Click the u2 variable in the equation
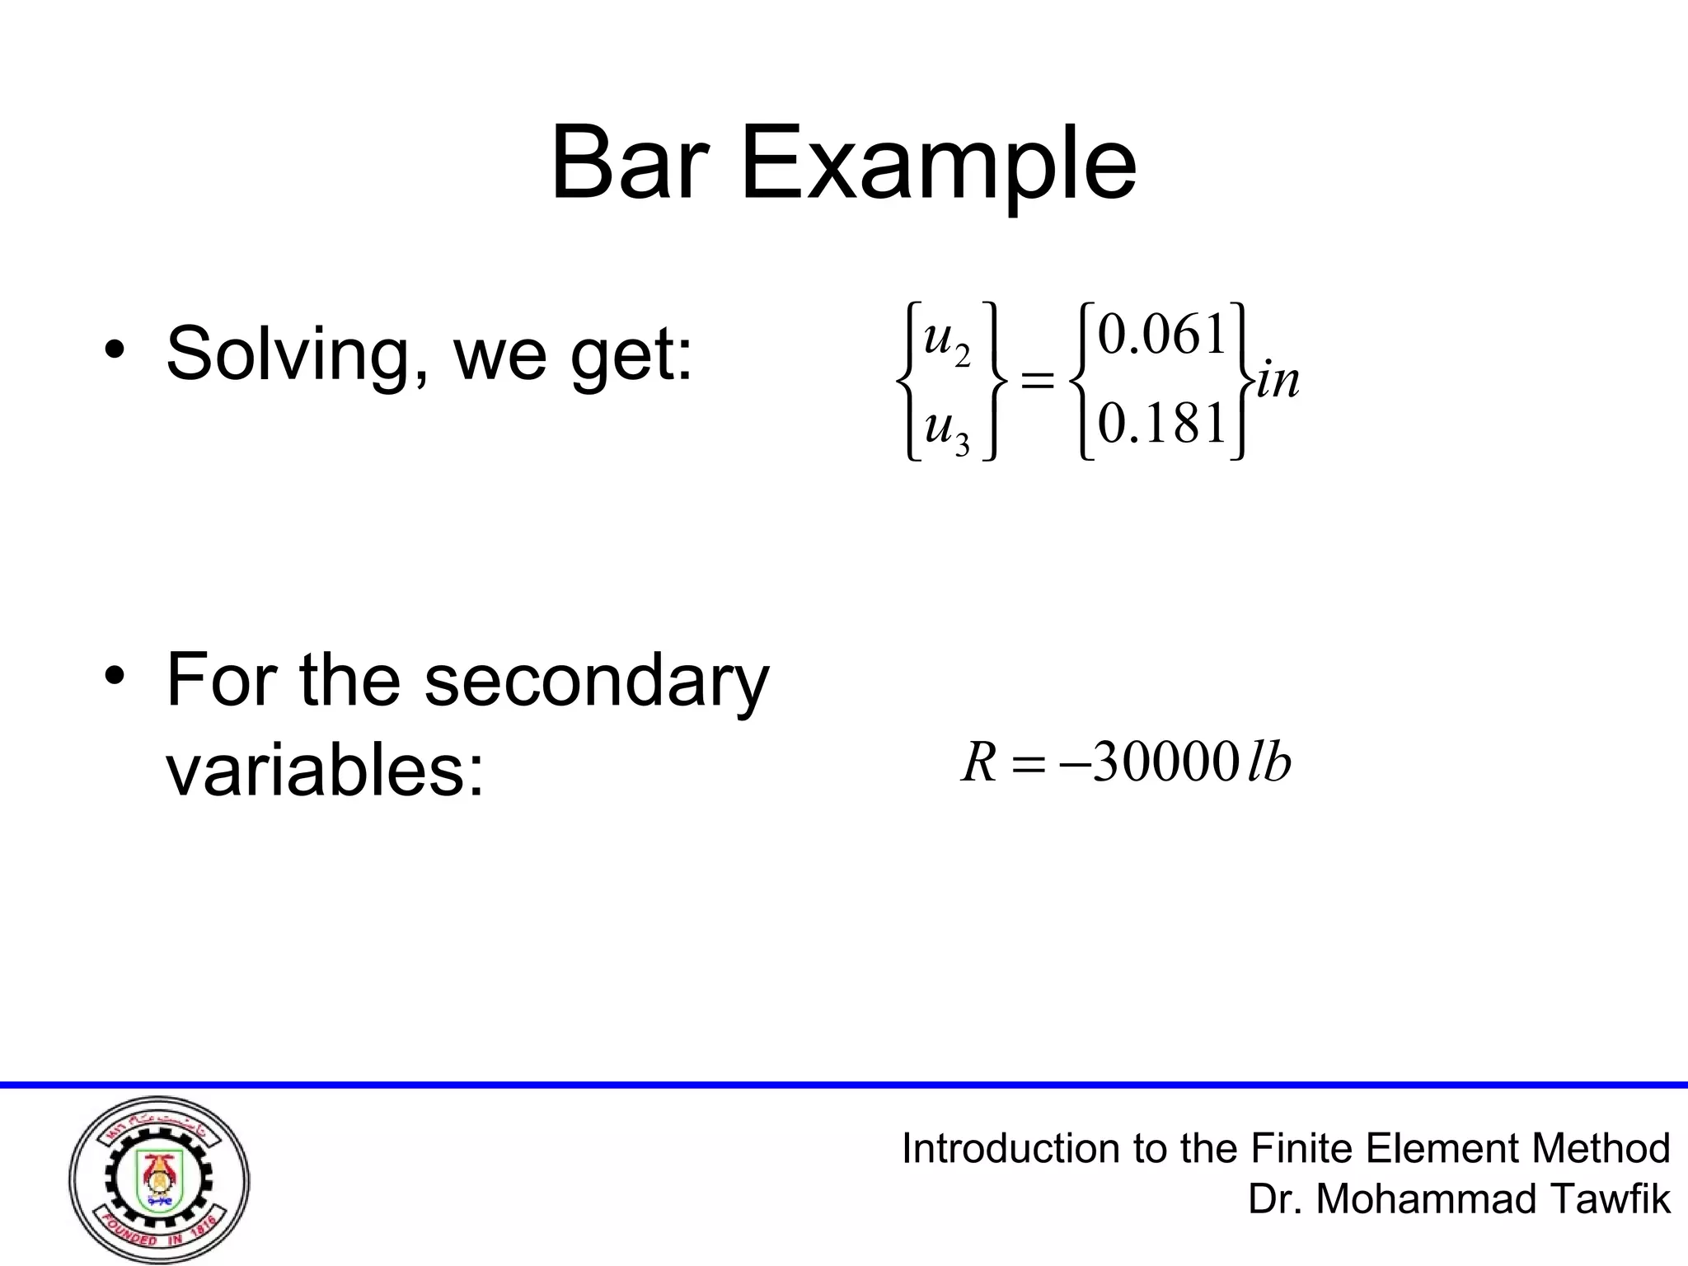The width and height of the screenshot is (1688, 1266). (x=946, y=340)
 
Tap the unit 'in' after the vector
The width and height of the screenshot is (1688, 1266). (x=1278, y=381)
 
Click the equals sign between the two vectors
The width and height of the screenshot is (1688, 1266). (x=1038, y=382)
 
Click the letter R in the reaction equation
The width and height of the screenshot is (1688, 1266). (x=979, y=763)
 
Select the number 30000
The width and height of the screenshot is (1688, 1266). (x=1164, y=763)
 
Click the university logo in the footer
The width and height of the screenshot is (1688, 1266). (x=159, y=1180)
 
